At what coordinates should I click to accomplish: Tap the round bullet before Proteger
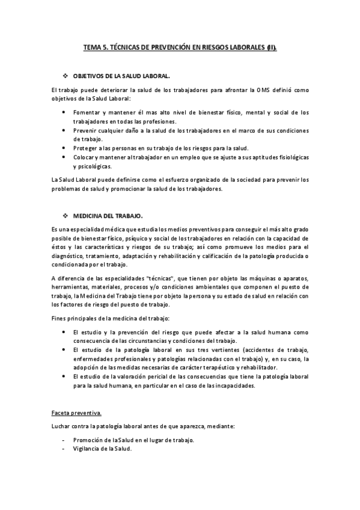click(65, 148)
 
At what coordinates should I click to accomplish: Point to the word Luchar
click(62, 426)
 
